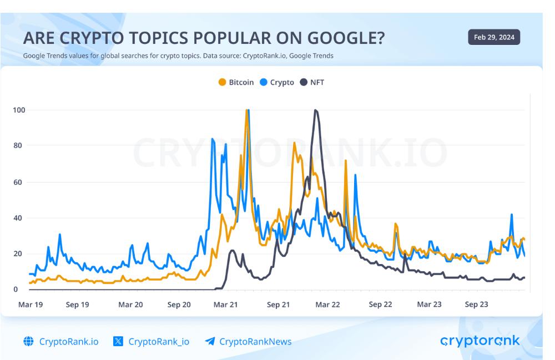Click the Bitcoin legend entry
[236, 82]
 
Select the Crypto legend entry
[277, 82]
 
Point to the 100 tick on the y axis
[19, 110]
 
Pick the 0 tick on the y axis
[16, 290]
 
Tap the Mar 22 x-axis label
[328, 305]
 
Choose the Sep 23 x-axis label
[476, 305]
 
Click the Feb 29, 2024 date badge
[494, 38]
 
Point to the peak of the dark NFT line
[316, 110]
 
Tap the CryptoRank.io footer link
[69, 342]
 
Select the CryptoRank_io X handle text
[159, 342]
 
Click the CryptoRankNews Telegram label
[255, 342]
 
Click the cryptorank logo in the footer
[480, 341]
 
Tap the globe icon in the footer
[28, 342]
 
